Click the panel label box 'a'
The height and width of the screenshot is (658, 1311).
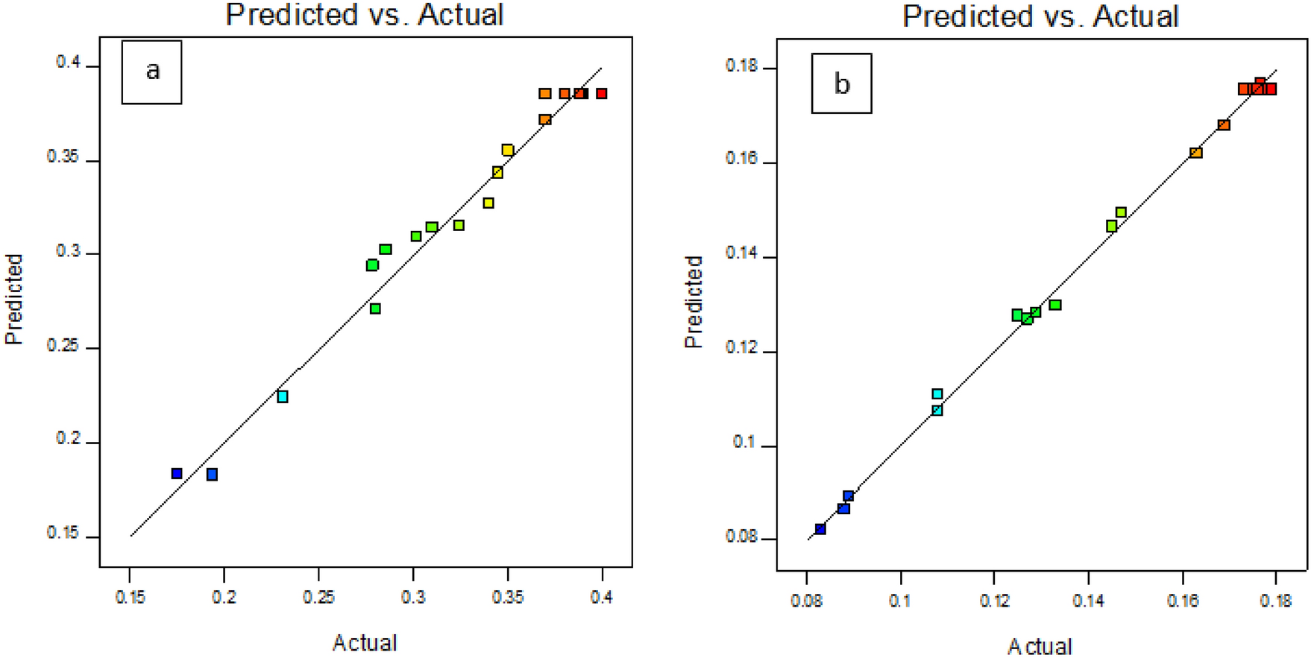pyautogui.click(x=151, y=72)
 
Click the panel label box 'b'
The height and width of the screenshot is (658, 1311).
pyautogui.click(x=841, y=83)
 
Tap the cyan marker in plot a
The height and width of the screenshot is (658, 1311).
pyautogui.click(x=283, y=396)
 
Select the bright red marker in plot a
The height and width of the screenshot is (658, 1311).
pyautogui.click(x=601, y=94)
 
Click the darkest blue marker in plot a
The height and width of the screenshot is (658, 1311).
pyautogui.click(x=177, y=474)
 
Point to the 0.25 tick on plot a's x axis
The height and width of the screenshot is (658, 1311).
pyautogui.click(x=318, y=598)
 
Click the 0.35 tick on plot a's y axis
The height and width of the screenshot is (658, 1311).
pyautogui.click(x=63, y=157)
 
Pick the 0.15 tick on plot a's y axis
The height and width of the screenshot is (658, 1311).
pyautogui.click(x=63, y=534)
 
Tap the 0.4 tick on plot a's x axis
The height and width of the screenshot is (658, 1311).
pyautogui.click(x=601, y=598)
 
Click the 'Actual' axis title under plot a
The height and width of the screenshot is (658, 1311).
pyautogui.click(x=365, y=642)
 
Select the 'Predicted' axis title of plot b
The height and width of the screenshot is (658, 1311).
pyautogui.click(x=694, y=302)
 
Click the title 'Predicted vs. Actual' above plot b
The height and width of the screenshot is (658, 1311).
pyautogui.click(x=1040, y=16)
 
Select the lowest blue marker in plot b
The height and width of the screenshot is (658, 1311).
pyautogui.click(x=820, y=529)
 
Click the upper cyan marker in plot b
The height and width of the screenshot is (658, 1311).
pyautogui.click(x=937, y=393)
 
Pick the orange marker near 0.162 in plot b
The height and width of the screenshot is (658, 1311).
pyautogui.click(x=1195, y=153)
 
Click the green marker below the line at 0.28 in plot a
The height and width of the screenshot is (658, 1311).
pyautogui.click(x=375, y=309)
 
